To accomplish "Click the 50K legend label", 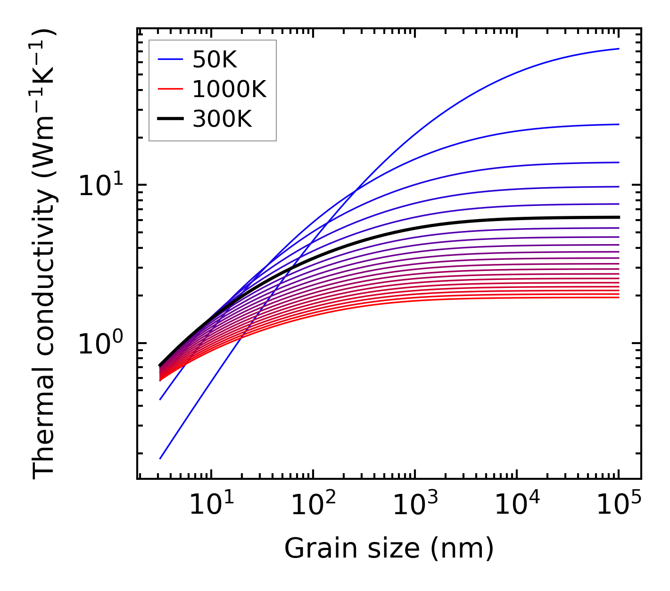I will [x=215, y=60].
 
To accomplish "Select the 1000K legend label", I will [x=229, y=90].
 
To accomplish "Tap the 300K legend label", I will [x=222, y=120].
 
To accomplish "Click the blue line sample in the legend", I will [x=170, y=59].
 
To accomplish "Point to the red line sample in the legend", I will [x=170, y=89].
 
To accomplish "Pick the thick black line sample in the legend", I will [x=170, y=119].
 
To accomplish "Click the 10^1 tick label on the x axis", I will [x=211, y=505].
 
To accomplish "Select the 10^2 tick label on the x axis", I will [x=313, y=505].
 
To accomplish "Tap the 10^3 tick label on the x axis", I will [x=415, y=505].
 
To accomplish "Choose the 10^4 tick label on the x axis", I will [x=517, y=505].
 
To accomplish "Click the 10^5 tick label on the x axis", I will [x=619, y=505].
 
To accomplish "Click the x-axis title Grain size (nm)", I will [x=389, y=549].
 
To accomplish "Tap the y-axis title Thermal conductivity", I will [x=45, y=254].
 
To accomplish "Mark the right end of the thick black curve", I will [x=619, y=217].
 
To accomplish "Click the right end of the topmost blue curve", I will [x=619, y=49].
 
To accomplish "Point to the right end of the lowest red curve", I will [x=619, y=297].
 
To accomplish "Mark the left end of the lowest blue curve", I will [x=160, y=459].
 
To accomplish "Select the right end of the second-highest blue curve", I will [x=619, y=124].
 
